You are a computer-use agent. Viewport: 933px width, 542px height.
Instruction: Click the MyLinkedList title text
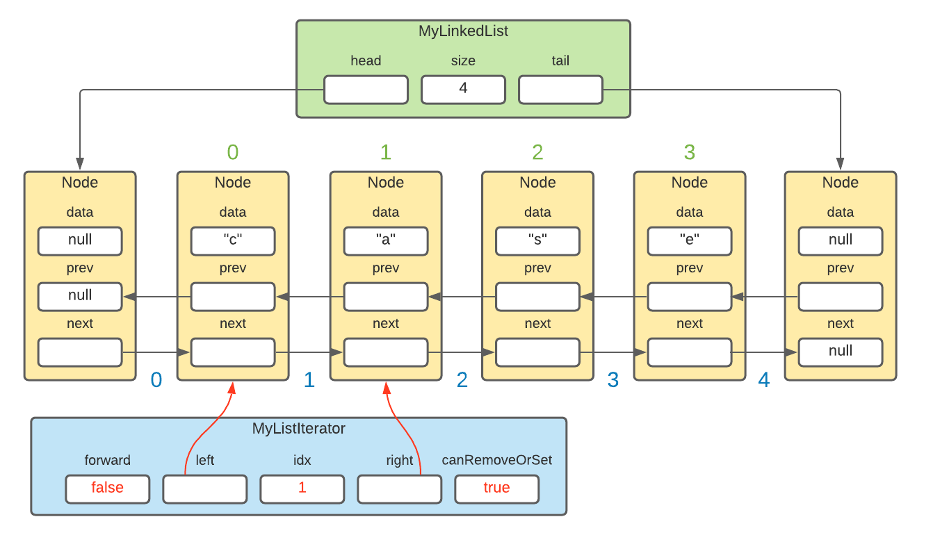tap(463, 31)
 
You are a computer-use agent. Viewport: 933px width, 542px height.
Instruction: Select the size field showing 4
tap(463, 90)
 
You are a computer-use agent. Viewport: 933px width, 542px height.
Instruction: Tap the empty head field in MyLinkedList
tap(366, 90)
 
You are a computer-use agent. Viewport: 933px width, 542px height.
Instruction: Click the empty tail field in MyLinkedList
tap(560, 90)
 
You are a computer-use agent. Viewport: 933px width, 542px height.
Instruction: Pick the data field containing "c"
tap(233, 240)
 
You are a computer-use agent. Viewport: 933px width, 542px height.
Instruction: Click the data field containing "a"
tap(386, 240)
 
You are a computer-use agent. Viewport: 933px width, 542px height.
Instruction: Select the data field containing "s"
tap(537, 240)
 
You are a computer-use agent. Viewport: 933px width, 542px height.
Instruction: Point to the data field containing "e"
tap(689, 240)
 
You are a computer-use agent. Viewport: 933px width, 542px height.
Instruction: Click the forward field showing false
tap(107, 488)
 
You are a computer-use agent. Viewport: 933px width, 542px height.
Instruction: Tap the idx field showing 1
tap(302, 488)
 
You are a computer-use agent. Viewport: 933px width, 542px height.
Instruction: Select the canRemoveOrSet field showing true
tap(496, 488)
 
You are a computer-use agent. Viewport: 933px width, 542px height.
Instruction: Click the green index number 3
tap(689, 151)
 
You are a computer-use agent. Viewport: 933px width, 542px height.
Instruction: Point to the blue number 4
tap(764, 380)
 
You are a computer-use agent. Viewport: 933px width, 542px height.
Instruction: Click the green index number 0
tap(233, 151)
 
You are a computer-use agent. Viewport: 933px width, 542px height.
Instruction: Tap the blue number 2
tap(462, 380)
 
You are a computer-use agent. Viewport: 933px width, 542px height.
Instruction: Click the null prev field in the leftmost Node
tap(80, 296)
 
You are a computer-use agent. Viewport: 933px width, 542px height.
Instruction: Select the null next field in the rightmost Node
tap(841, 352)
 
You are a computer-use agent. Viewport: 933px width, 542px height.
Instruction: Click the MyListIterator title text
tap(298, 429)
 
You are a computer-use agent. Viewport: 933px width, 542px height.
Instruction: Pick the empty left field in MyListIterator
tap(204, 488)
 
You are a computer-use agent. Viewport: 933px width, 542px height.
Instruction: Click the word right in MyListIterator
tap(399, 460)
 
